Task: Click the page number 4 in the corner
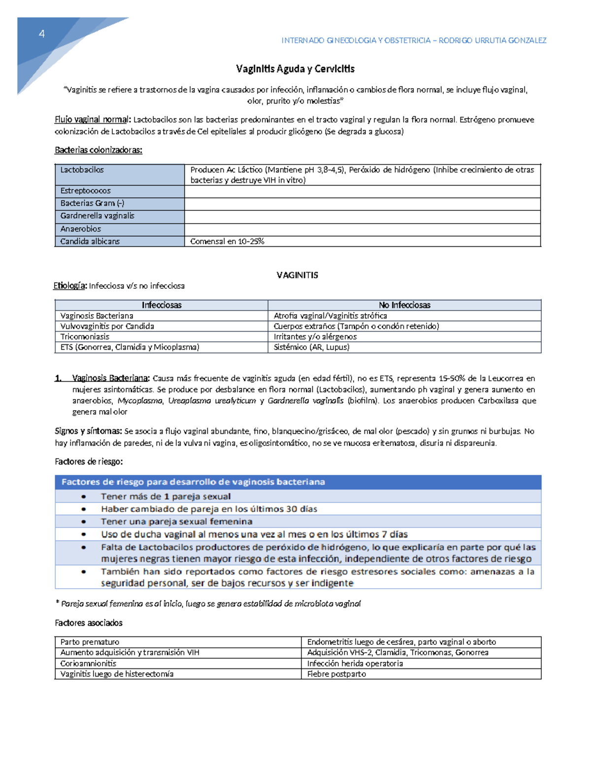[42, 34]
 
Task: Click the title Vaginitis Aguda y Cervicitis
[295, 69]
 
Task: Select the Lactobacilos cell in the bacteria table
[82, 170]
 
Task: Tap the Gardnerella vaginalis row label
[97, 216]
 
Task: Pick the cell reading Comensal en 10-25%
[227, 241]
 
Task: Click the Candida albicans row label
[90, 241]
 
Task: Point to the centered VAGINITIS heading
[297, 275]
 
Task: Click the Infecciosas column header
[162, 305]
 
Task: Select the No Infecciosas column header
[404, 305]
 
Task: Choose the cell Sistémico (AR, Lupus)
[311, 347]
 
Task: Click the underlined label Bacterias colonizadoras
[98, 150]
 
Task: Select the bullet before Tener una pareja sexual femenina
[84, 522]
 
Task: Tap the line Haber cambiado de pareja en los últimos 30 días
[209, 509]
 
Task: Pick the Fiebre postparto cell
[336, 674]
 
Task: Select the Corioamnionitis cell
[88, 664]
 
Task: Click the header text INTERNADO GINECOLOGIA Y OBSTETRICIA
[356, 41]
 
